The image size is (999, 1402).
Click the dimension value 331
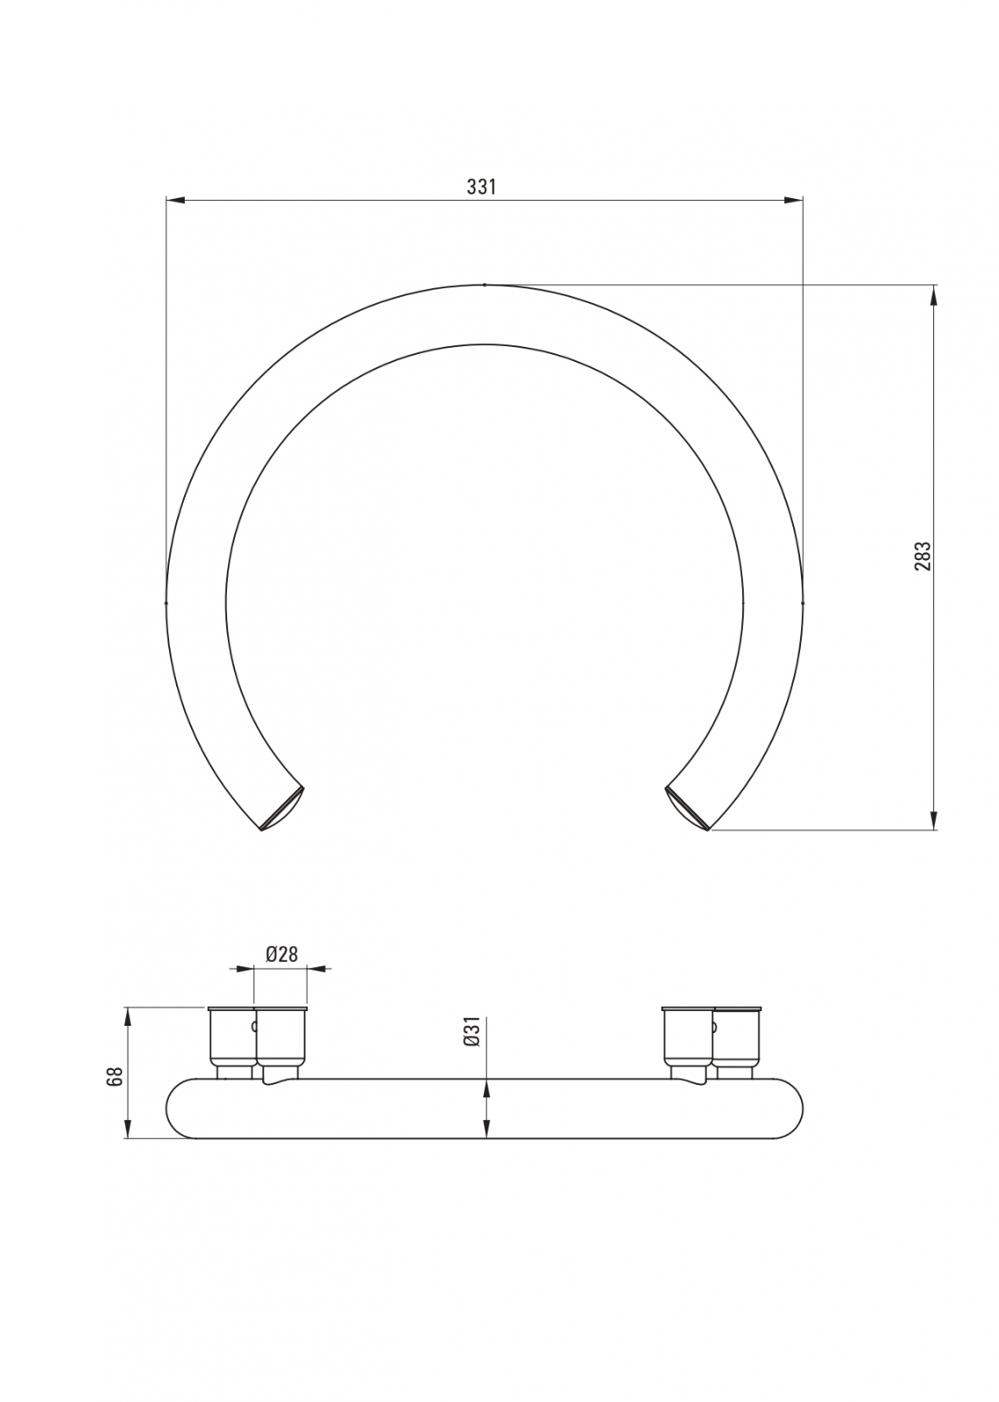pos(481,188)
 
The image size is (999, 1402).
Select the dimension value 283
pos(924,556)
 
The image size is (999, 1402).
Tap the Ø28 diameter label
pos(281,972)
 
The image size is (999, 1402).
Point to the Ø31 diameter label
pos(472,1030)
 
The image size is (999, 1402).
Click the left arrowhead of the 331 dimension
pos(176,200)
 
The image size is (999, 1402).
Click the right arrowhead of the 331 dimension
pos(793,200)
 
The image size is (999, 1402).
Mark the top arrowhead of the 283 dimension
pos(934,294)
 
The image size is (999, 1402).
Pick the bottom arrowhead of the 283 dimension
pos(934,820)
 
